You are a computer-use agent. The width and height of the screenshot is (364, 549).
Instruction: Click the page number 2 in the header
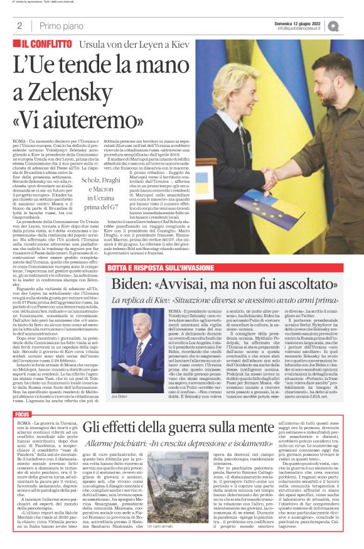(x=19, y=26)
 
